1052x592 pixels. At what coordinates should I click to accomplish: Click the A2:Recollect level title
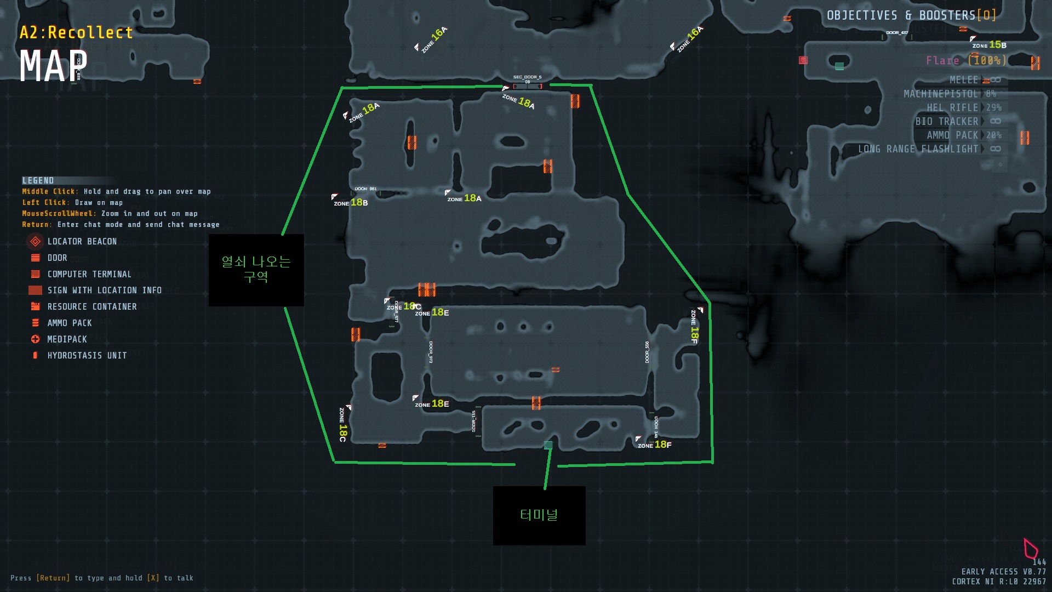(x=76, y=33)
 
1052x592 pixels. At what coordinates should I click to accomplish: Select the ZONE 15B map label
(x=989, y=45)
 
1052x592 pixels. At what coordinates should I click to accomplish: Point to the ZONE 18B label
(x=351, y=203)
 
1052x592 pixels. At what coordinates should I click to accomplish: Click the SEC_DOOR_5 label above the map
(x=527, y=77)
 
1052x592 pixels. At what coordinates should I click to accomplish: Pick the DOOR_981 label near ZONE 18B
(x=365, y=189)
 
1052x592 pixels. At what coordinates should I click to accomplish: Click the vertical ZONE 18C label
(x=342, y=425)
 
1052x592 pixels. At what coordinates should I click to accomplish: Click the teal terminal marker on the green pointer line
(x=548, y=445)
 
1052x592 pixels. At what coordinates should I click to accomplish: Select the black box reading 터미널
(x=539, y=515)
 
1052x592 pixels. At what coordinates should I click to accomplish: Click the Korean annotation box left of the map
(x=256, y=270)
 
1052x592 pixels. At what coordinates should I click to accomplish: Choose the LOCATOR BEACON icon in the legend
(x=35, y=241)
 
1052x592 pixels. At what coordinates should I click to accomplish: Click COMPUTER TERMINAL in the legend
(x=89, y=274)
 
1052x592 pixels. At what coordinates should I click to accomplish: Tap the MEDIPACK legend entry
(x=67, y=339)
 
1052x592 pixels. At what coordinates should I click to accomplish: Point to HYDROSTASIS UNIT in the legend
(x=87, y=355)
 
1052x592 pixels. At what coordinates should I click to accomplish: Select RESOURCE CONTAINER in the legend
(x=92, y=306)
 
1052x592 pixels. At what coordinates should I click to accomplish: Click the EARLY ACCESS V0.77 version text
(x=1003, y=572)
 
